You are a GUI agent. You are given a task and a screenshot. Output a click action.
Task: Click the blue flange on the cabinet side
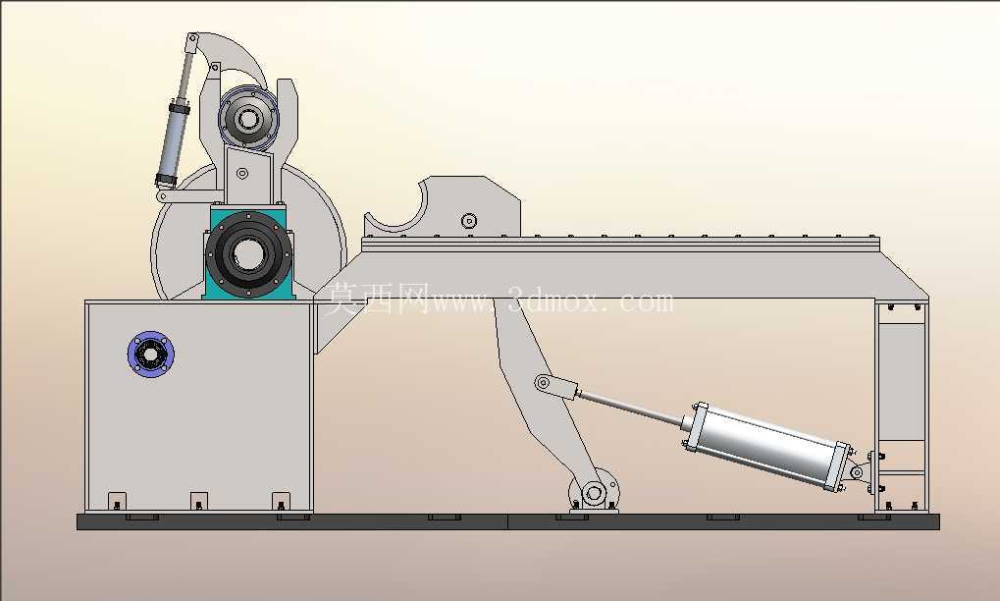point(151,355)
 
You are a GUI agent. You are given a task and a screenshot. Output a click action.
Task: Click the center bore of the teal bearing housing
point(248,253)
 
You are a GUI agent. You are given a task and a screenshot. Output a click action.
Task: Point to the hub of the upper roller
point(248,118)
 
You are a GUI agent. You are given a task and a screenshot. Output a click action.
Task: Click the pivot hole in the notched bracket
point(469,221)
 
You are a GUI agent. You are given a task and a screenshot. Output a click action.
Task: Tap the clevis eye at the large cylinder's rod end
point(543,383)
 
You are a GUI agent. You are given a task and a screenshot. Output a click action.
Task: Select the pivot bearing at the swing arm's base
point(594,493)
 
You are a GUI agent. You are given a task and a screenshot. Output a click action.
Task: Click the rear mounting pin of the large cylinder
point(857,472)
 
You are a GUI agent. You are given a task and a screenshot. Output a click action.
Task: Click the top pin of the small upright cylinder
point(190,40)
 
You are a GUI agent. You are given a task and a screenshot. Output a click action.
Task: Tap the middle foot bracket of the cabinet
point(199,502)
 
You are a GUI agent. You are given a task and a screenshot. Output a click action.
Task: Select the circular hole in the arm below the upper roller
point(242,173)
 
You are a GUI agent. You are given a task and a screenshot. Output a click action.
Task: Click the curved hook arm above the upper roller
point(233,56)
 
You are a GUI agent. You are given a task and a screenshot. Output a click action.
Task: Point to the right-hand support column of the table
point(901,406)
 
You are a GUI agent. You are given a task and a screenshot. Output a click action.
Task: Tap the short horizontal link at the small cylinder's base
point(189,195)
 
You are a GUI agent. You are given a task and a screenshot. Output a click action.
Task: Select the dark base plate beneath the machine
point(507,521)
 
